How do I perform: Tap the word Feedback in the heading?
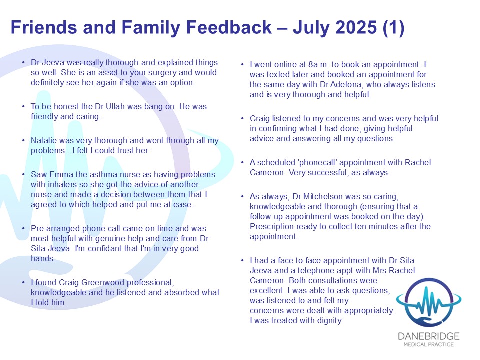click(x=229, y=27)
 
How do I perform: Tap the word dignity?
click(x=329, y=321)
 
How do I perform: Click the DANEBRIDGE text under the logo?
click(x=428, y=336)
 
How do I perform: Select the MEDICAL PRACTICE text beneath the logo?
click(x=428, y=344)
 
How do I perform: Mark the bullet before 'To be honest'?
click(x=23, y=107)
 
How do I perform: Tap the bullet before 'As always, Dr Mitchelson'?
click(x=243, y=197)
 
